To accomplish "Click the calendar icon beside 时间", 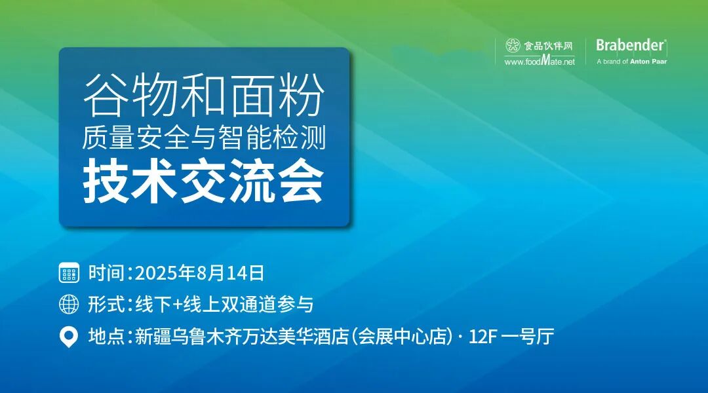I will click(x=69, y=272).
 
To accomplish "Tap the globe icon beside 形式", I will click(x=69, y=305).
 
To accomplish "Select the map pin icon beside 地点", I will click(x=69, y=337).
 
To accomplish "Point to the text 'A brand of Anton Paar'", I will click(x=631, y=62).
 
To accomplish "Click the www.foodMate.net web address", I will click(x=540, y=61).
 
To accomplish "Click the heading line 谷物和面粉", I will click(x=204, y=97).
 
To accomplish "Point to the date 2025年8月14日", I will click(x=200, y=272).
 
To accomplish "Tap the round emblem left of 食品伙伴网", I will click(x=513, y=46).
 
